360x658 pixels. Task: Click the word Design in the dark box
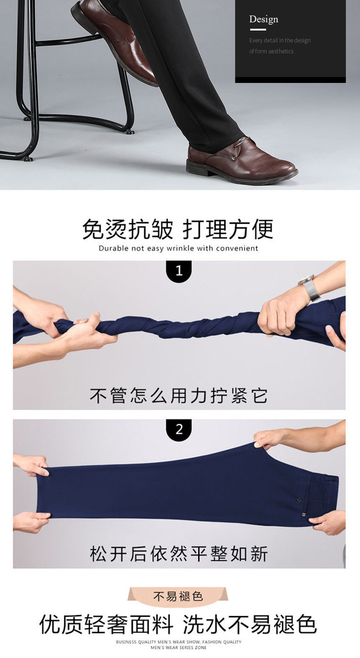(263, 19)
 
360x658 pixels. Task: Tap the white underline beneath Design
(258, 30)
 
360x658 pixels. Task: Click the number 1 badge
(179, 271)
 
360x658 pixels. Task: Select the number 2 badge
(179, 429)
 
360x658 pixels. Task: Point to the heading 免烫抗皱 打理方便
(178, 229)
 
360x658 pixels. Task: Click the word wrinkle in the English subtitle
(180, 248)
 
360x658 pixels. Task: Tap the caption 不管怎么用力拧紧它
(179, 396)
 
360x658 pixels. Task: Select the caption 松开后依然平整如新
(179, 554)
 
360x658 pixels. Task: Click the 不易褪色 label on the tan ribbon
(178, 596)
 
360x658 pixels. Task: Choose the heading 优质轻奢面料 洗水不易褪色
(178, 624)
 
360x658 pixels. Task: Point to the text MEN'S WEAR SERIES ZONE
(178, 648)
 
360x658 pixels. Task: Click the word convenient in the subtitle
(237, 248)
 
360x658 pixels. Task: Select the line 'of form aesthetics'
(271, 51)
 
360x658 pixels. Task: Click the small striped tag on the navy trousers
(303, 514)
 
